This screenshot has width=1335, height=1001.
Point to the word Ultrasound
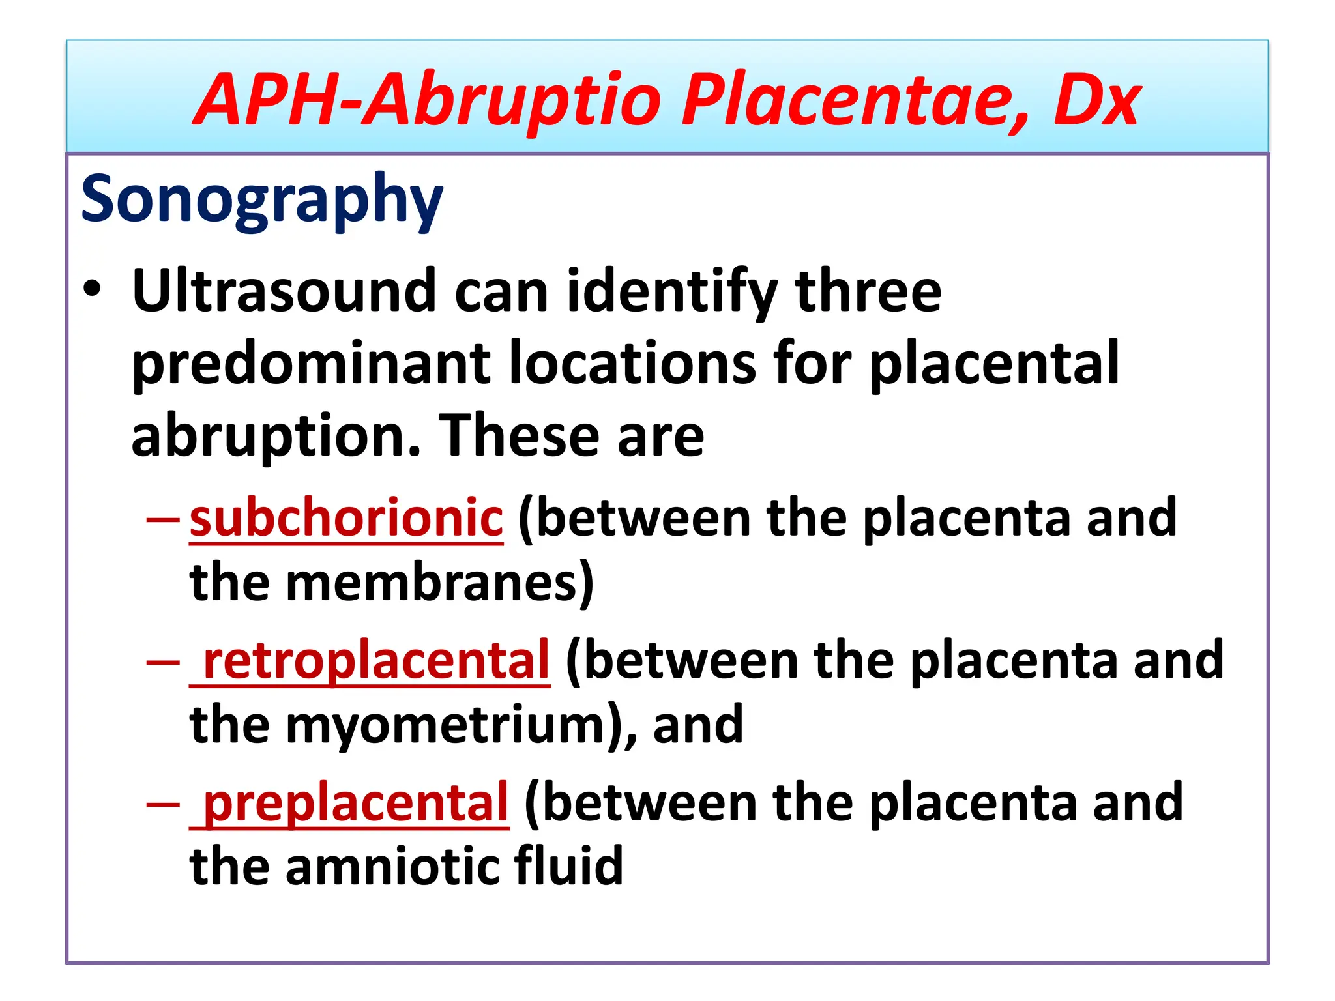(284, 291)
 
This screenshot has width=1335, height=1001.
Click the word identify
(672, 292)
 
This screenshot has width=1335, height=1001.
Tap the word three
(868, 291)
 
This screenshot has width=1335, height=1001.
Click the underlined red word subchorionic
(346, 518)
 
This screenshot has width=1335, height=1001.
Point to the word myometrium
(446, 726)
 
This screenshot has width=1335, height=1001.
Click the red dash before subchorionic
(163, 519)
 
